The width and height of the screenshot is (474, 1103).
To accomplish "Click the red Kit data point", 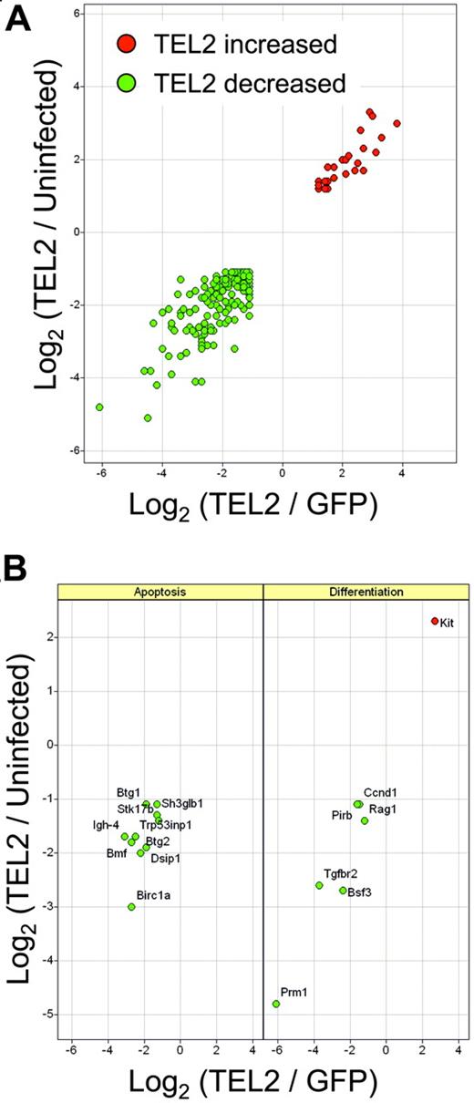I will pos(435,621).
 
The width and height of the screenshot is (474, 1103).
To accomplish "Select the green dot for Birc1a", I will pos(131,907).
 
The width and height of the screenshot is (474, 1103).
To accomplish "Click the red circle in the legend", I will pos(126,43).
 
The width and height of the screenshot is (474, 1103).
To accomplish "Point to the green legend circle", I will pos(126,85).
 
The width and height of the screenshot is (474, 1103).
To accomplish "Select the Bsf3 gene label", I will pos(359,892).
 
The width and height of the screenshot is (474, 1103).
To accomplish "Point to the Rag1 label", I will pos(382,809).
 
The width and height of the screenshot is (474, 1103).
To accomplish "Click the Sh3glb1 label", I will pos(182,803).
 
